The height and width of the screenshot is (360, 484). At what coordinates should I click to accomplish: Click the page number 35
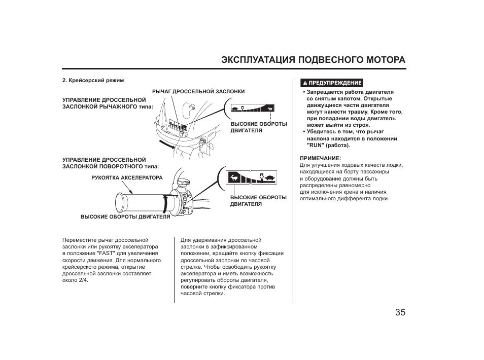pos(400,312)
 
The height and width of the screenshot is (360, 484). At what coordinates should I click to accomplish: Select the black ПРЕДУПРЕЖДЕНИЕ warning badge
pos(332,83)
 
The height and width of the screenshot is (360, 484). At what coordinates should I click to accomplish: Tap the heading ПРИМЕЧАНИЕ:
pos(320,158)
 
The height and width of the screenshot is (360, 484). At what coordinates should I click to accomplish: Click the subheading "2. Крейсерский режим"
pos(93,80)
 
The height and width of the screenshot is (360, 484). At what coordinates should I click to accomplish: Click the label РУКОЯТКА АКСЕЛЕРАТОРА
pos(127,178)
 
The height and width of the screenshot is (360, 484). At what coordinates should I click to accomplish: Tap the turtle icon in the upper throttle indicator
pos(236,108)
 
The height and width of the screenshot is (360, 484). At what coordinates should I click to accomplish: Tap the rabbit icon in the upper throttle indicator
pos(270,108)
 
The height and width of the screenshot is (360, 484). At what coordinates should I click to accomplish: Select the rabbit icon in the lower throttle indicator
pos(234,177)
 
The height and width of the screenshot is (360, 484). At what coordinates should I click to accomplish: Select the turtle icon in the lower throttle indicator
pos(269,177)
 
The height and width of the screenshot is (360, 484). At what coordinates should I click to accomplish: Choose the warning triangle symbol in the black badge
pos(305,83)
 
